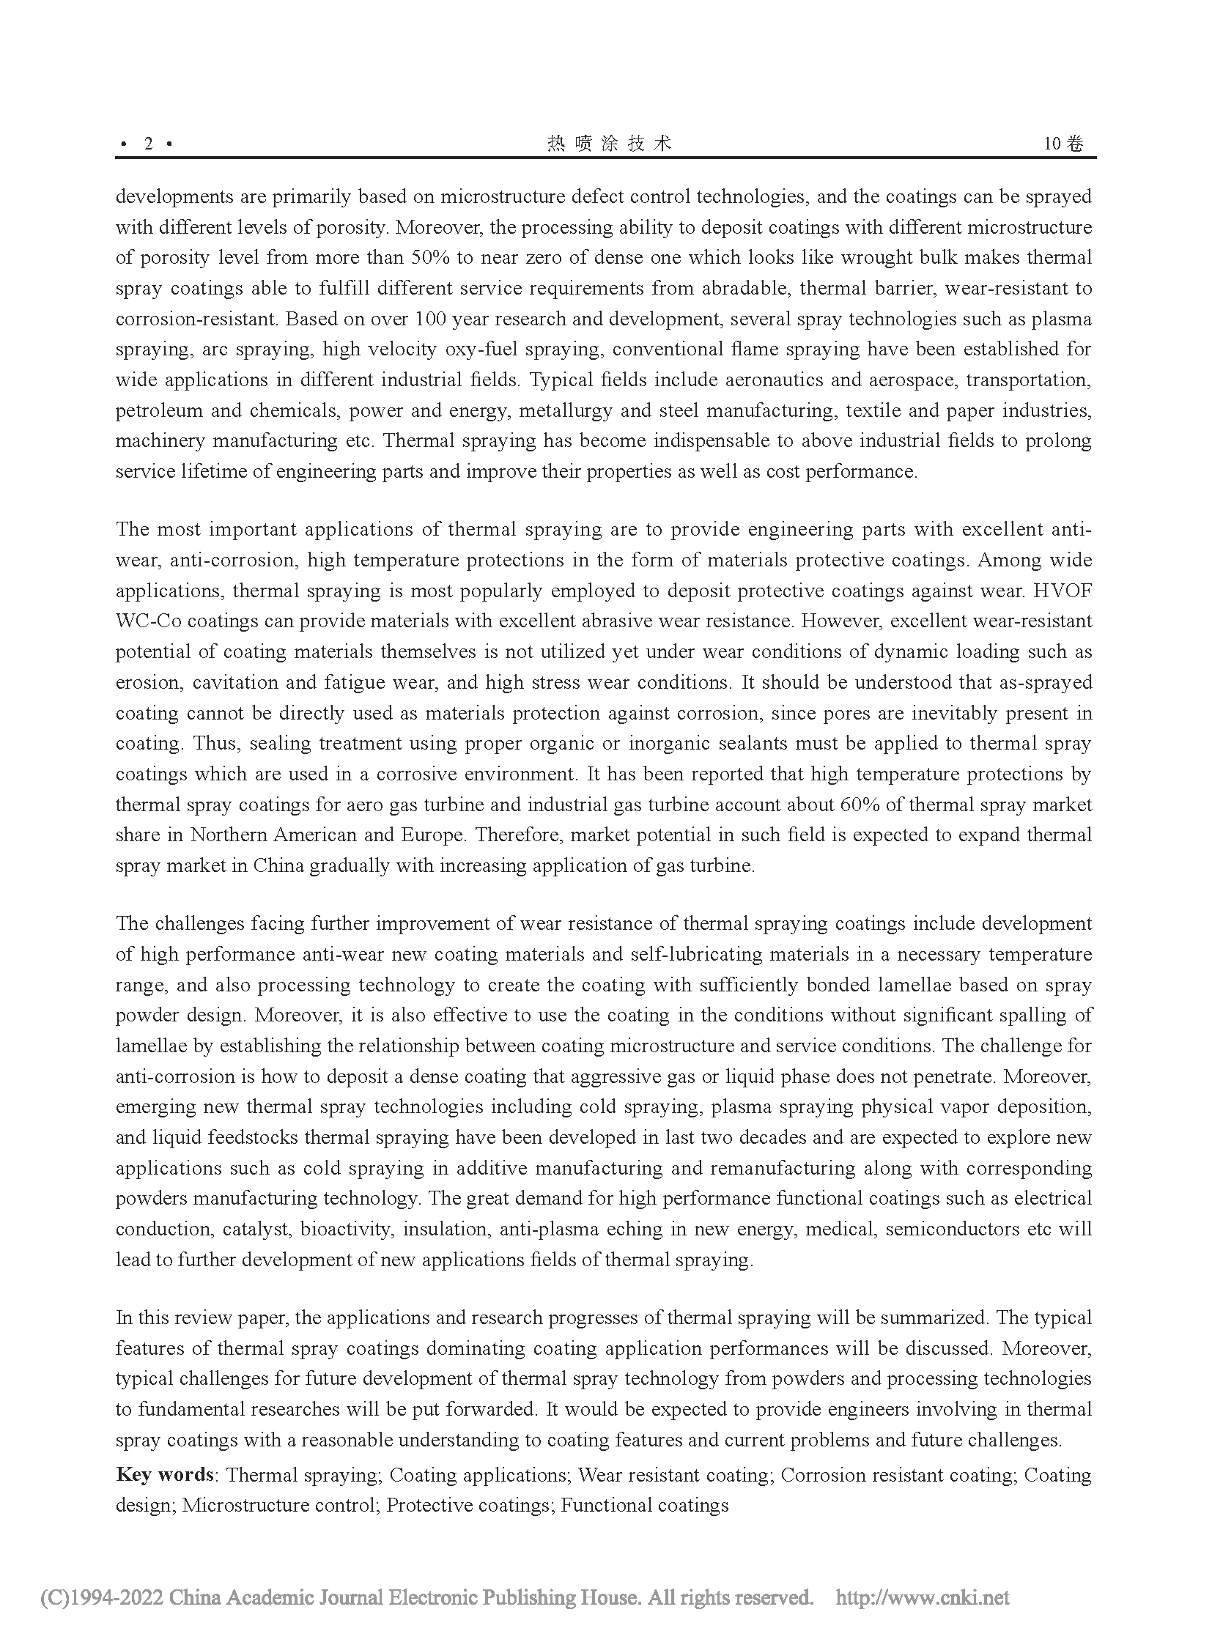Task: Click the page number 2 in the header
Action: tap(148, 144)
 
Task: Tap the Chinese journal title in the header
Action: tap(609, 144)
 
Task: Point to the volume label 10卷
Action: tap(1063, 144)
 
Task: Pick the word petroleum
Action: tap(158, 411)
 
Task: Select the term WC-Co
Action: tap(148, 621)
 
